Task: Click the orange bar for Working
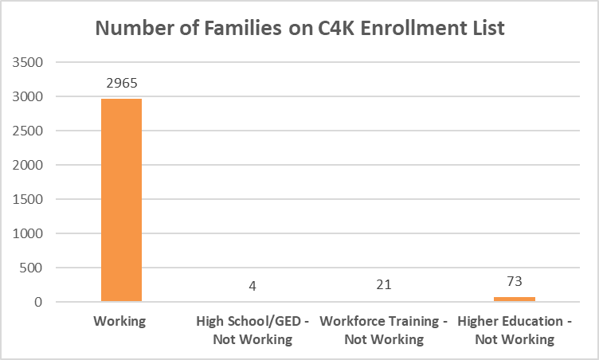[x=121, y=199]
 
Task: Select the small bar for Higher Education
[x=515, y=299]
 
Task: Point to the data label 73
[x=515, y=281]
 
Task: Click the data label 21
[x=383, y=285]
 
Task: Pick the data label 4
[x=252, y=285]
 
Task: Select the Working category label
[x=121, y=322]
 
